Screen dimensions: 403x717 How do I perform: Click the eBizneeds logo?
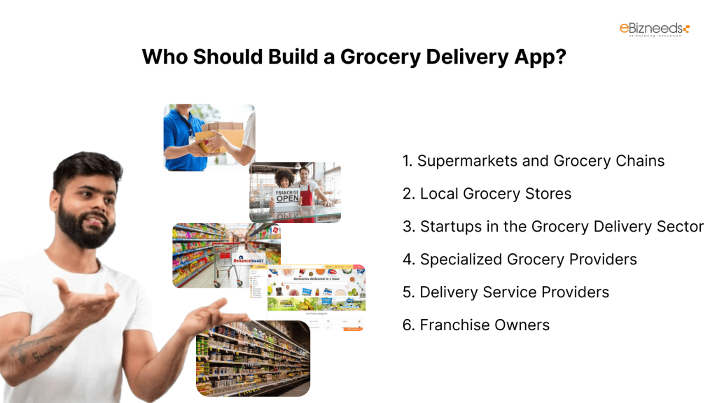click(x=654, y=29)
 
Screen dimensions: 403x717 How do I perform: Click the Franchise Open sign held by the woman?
click(x=286, y=196)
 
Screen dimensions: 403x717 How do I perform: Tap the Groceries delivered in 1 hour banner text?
click(x=316, y=278)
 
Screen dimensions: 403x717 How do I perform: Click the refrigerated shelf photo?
click(x=252, y=358)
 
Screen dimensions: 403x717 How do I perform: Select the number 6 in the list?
click(x=407, y=325)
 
